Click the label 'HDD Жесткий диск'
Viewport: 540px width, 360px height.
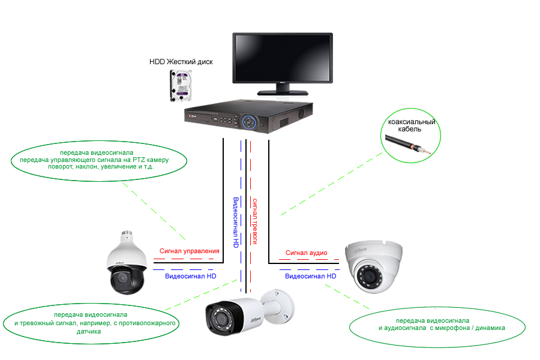[x=181, y=62]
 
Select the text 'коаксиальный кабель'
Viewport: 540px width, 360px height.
[x=412, y=125]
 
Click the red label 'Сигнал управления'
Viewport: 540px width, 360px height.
[x=189, y=251]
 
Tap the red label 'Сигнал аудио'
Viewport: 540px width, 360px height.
[x=306, y=253]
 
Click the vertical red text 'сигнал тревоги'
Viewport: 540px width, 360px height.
[x=255, y=221]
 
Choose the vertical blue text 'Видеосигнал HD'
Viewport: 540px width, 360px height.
[x=236, y=223]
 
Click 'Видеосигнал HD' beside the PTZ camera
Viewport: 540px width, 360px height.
[x=190, y=276]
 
